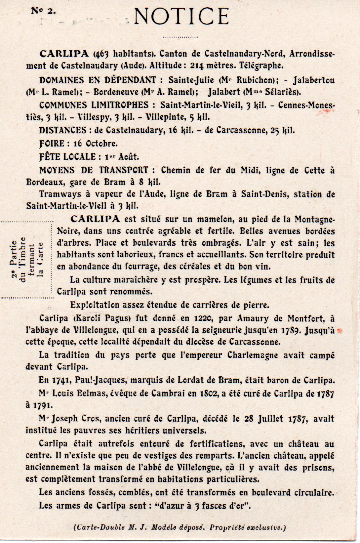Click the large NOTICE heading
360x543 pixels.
[181, 17]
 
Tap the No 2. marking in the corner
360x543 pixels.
[43, 11]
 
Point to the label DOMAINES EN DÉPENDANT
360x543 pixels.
[97, 80]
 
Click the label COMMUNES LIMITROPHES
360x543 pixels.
[94, 105]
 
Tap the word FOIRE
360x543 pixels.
[52, 144]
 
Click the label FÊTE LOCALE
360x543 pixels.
[67, 157]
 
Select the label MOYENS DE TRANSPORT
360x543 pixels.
[94, 170]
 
